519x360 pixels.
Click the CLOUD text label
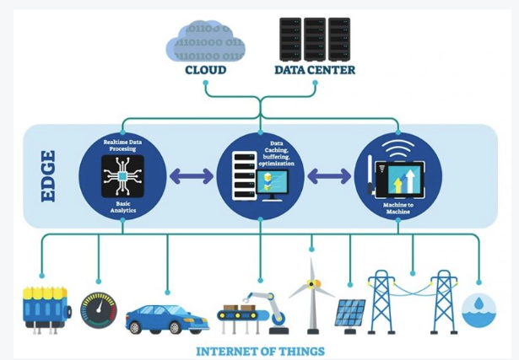click(206, 70)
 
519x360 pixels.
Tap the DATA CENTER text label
click(315, 70)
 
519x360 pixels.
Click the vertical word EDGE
click(47, 175)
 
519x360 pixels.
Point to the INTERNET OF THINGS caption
click(260, 349)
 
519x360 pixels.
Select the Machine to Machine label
click(397, 207)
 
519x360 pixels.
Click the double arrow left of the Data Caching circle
click(192, 176)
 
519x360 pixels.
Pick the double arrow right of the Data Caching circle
click(329, 176)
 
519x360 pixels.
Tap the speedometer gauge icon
click(99, 309)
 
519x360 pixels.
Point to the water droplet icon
click(479, 309)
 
